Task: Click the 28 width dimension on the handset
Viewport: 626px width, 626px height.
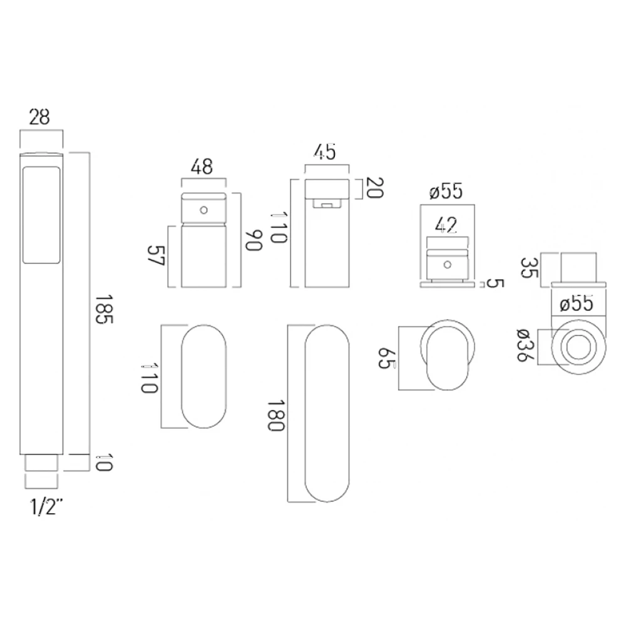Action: [39, 117]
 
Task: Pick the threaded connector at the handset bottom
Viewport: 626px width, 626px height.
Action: [42, 464]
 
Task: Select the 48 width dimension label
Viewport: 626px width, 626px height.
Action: [202, 167]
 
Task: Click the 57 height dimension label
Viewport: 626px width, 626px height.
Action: [155, 257]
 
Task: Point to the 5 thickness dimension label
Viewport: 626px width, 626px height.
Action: [494, 284]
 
